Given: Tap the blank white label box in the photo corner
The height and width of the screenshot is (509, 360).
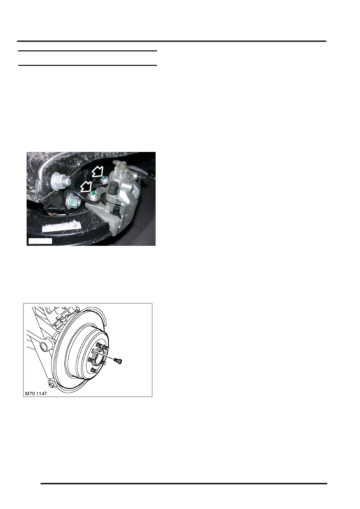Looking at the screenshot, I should (40, 241).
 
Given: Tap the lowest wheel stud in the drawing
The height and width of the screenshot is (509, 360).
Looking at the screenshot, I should (93, 370).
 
